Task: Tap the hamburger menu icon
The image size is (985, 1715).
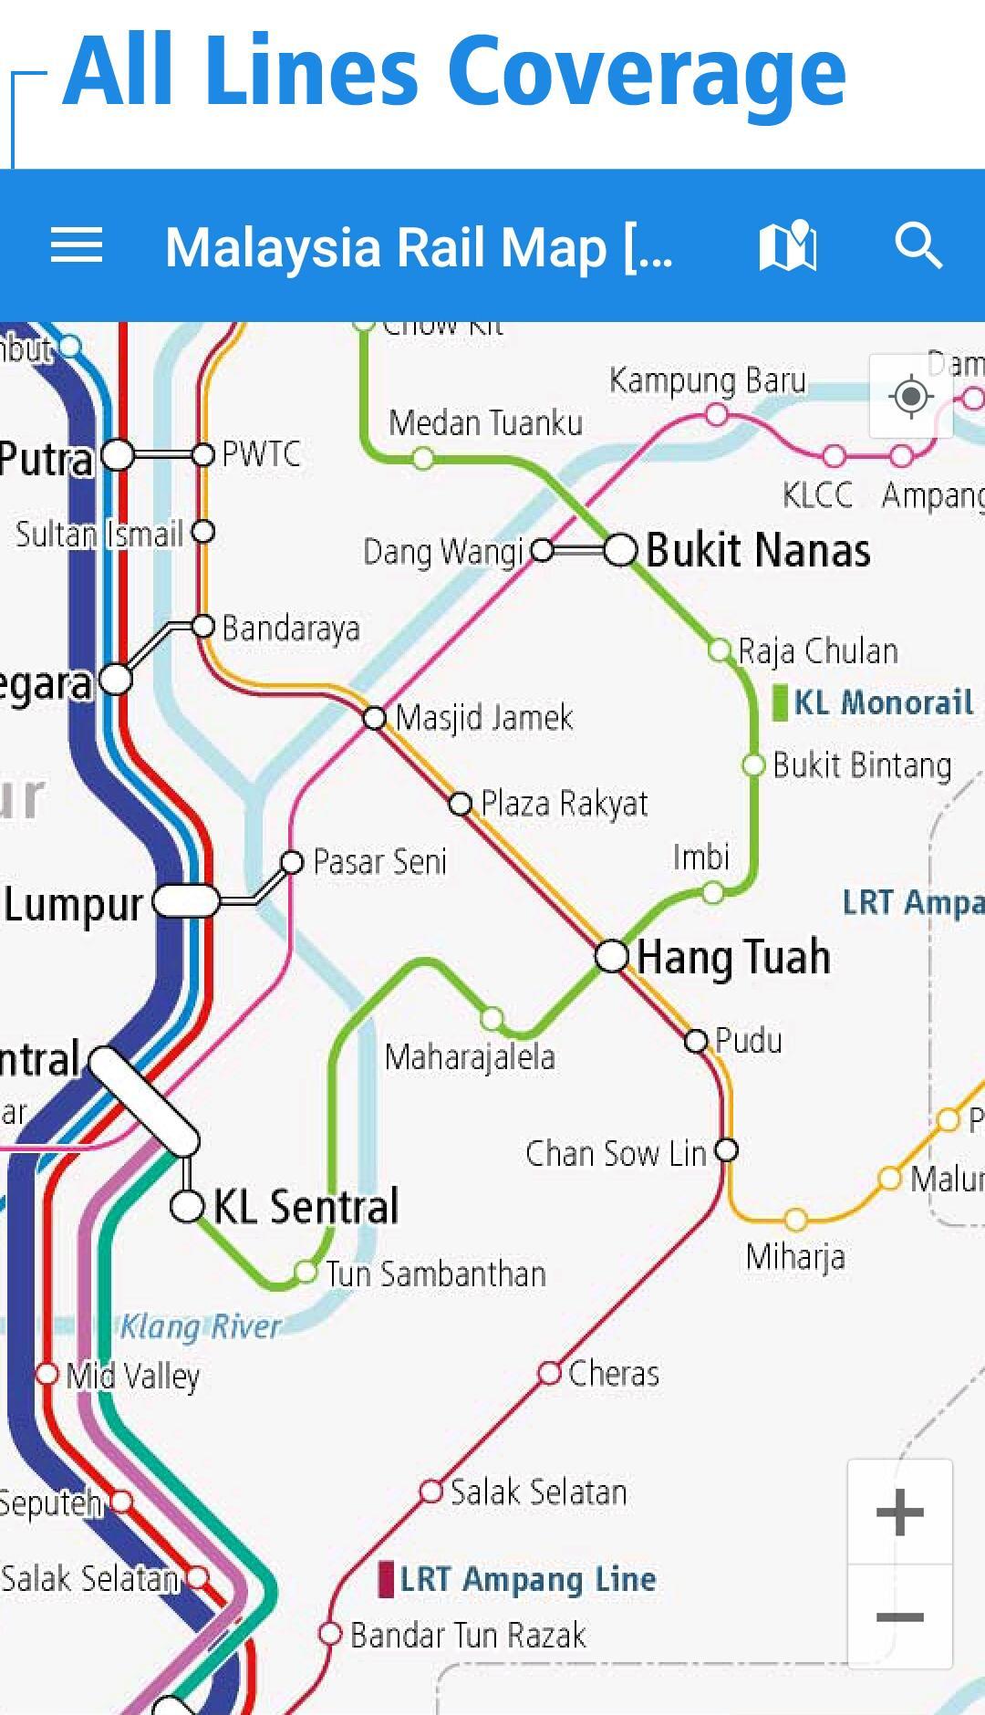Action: coord(77,246)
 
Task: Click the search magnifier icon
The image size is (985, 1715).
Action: coord(918,246)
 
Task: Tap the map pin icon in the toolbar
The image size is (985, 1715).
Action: coord(788,246)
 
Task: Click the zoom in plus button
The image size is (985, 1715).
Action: coord(900,1512)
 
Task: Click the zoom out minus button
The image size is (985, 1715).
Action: coord(900,1617)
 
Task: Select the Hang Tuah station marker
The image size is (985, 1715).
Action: coord(612,956)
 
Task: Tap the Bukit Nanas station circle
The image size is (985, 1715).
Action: coord(620,550)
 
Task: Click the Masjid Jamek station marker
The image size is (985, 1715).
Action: coord(374,718)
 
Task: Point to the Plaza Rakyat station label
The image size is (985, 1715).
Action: coord(564,804)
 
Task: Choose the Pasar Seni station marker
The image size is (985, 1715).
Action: coord(292,862)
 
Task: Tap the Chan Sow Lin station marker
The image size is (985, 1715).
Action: coord(726,1150)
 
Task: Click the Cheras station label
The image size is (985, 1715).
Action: coord(613,1373)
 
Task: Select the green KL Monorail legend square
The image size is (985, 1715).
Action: coord(780,703)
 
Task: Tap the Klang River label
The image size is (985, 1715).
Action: coord(200,1326)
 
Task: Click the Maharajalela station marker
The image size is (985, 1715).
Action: coord(493,1018)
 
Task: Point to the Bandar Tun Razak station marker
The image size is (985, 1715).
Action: coord(330,1634)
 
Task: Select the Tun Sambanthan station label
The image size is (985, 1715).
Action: coord(436,1274)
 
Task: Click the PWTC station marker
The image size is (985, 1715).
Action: coord(203,454)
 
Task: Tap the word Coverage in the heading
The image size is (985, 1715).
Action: coord(647,73)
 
